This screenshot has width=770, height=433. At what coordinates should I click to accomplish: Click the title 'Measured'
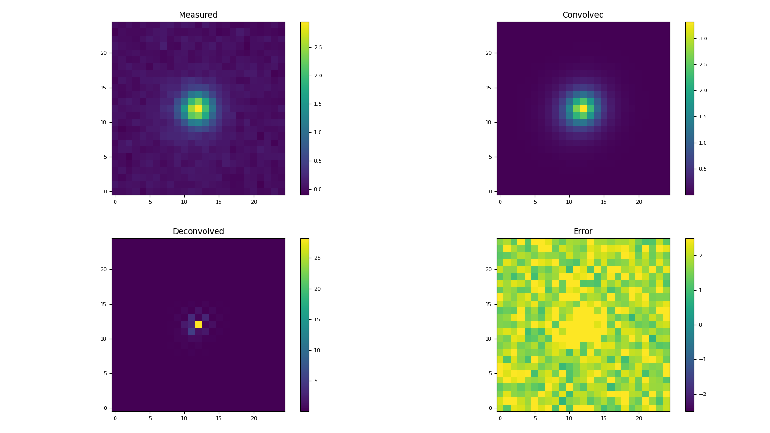[x=198, y=15]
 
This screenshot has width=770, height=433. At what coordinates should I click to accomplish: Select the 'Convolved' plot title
[x=583, y=15]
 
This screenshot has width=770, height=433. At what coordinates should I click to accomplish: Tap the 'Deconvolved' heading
[x=198, y=231]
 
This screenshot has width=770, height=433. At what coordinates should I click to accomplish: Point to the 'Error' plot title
[x=583, y=231]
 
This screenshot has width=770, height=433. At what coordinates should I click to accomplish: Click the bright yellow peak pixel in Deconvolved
[x=198, y=325]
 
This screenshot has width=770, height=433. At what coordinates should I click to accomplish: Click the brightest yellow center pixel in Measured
[x=198, y=108]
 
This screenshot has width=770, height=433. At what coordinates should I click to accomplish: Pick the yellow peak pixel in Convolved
[x=583, y=108]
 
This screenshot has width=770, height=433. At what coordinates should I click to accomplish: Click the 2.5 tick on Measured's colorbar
[x=318, y=47]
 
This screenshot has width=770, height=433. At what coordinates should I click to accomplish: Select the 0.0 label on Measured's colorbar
[x=318, y=189]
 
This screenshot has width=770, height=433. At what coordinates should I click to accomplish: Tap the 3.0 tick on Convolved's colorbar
[x=703, y=38]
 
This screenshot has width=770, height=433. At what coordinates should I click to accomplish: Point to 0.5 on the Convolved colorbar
[x=703, y=169]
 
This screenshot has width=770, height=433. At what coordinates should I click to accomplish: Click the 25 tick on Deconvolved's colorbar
[x=317, y=258]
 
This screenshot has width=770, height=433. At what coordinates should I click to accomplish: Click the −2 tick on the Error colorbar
[x=702, y=394]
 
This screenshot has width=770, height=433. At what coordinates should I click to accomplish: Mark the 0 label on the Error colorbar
[x=700, y=325]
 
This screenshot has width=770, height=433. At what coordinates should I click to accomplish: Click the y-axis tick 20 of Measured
[x=103, y=53]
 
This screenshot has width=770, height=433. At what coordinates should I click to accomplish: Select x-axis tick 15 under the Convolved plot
[x=604, y=202]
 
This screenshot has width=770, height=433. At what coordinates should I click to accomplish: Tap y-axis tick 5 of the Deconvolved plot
[x=105, y=373]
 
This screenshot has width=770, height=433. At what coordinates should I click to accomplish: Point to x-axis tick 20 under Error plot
[x=639, y=418]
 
